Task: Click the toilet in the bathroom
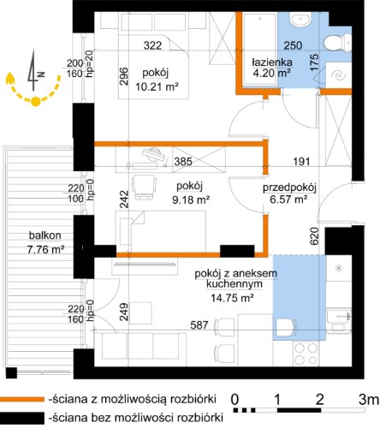point(338,43)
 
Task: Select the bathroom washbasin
point(300,20)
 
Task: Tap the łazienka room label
point(272,62)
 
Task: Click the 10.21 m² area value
point(157,86)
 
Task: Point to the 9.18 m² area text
point(191,199)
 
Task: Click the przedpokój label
point(289,187)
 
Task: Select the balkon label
point(45,235)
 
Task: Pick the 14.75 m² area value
point(232,298)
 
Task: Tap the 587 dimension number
point(199,324)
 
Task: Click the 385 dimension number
point(183,162)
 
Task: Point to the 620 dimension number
point(314,236)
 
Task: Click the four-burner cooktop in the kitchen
point(306,354)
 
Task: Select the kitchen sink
point(339,320)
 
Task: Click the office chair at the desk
point(145,187)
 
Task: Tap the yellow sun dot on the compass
point(35,102)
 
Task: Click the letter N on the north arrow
point(42,74)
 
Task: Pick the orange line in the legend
point(22,399)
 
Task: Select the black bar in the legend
point(22,418)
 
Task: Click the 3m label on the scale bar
point(369,400)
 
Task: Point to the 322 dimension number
point(152,45)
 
